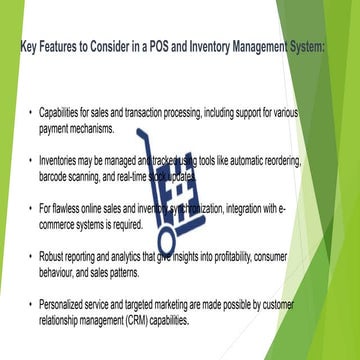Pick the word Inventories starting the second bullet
(63, 160)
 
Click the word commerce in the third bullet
(62, 223)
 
